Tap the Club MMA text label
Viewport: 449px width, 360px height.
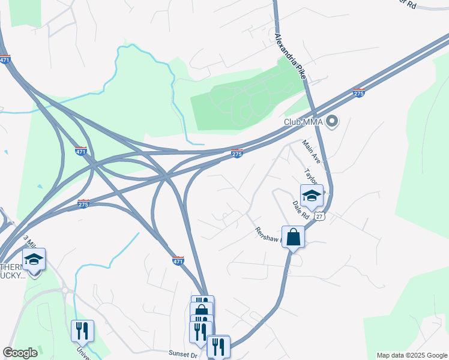(303, 122)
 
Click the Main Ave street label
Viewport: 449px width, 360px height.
(311, 152)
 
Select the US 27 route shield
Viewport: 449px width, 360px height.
(320, 215)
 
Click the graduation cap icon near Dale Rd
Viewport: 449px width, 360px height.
(312, 196)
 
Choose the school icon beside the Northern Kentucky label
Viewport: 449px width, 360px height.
(34, 260)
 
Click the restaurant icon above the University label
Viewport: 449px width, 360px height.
(82, 331)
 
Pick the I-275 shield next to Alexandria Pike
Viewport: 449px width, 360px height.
(358, 93)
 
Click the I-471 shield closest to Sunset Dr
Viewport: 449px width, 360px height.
(178, 260)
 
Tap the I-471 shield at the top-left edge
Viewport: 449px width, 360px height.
(5, 59)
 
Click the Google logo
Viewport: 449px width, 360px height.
(20, 353)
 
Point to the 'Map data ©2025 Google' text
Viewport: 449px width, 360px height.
(412, 355)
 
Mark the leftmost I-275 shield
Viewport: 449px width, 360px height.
(84, 204)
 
